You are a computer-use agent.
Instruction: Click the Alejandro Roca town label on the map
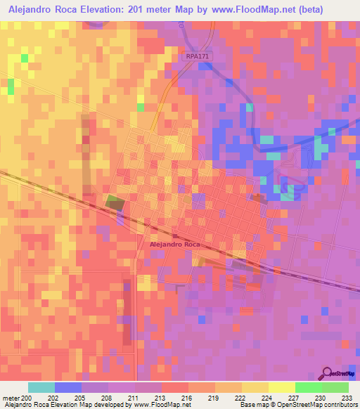coord(175,244)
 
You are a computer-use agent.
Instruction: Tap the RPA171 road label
coord(198,56)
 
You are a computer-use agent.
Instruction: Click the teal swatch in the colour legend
coord(41,387)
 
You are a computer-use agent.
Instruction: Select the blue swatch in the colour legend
coord(68,387)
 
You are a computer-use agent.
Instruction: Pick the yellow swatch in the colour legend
coord(282,387)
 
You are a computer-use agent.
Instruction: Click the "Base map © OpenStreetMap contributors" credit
coord(297,405)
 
